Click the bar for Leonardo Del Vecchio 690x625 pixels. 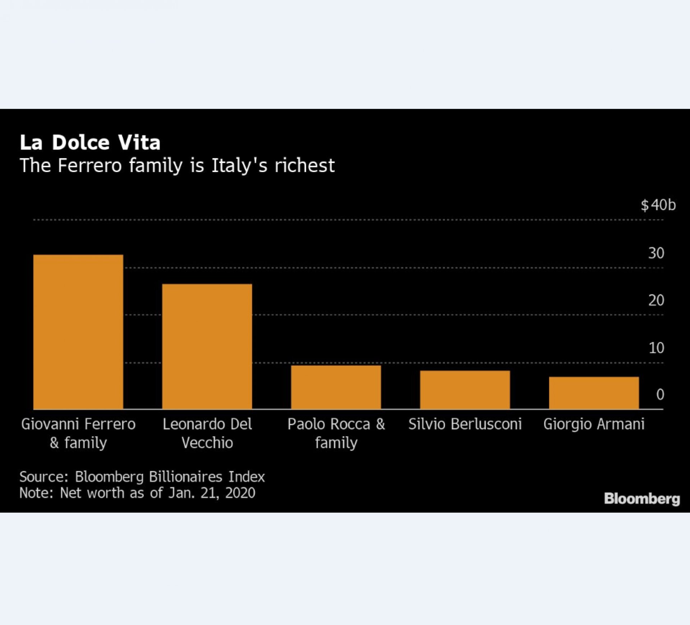click(207, 346)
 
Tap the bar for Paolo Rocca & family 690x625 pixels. click(336, 387)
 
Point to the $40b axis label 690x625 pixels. click(658, 205)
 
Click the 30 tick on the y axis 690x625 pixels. click(656, 253)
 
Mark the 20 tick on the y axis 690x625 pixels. click(656, 300)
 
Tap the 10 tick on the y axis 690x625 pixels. click(656, 348)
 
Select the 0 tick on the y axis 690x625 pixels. click(660, 394)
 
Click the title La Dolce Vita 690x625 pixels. click(90, 142)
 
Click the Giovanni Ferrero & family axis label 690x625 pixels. click(78, 433)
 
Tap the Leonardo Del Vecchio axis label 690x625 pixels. click(207, 433)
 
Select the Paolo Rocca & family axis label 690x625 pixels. click(336, 433)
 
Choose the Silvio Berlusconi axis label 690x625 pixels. click(465, 424)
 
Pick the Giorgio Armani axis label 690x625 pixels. click(594, 424)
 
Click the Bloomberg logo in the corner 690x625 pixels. click(642, 499)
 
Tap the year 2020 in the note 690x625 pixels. click(240, 493)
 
